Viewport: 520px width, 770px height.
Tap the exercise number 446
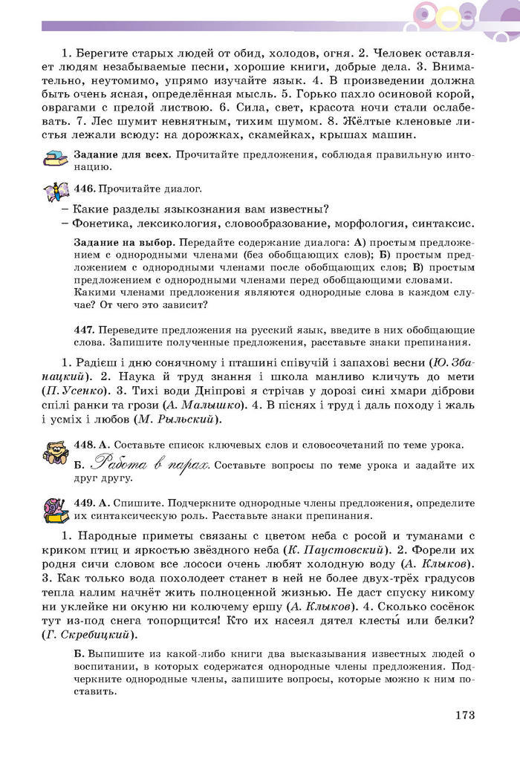85,189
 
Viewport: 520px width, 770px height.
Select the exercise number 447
85,329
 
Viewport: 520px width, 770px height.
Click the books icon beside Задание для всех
55,159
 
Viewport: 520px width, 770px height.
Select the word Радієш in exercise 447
102,362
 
